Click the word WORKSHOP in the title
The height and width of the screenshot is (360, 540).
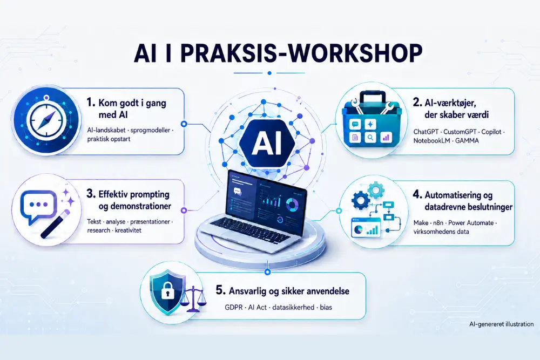[x=345, y=53]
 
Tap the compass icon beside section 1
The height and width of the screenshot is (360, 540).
[x=46, y=121]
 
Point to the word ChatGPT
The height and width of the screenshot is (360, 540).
[x=426, y=132]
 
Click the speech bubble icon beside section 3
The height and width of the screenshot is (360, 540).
[x=38, y=207]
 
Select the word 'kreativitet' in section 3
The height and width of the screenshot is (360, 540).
[x=128, y=230]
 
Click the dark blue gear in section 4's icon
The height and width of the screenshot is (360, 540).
[x=361, y=200]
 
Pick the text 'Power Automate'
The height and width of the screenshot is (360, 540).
[x=471, y=223]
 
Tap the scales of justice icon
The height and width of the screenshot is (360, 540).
[x=194, y=300]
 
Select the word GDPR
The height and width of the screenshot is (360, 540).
[x=234, y=307]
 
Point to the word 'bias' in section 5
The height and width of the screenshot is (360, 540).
[x=326, y=307]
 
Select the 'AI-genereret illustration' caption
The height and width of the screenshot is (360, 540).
[x=501, y=324]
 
